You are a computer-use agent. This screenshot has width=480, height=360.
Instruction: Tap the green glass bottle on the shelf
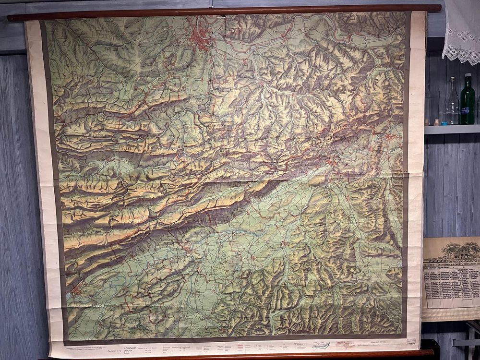pyautogui.click(x=467, y=102)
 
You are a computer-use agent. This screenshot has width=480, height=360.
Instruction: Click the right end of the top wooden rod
pyautogui.click(x=437, y=8)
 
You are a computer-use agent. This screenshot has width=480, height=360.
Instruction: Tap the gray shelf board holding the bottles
pyautogui.click(x=451, y=129)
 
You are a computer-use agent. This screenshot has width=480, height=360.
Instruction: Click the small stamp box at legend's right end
pyautogui.click(x=411, y=342)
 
